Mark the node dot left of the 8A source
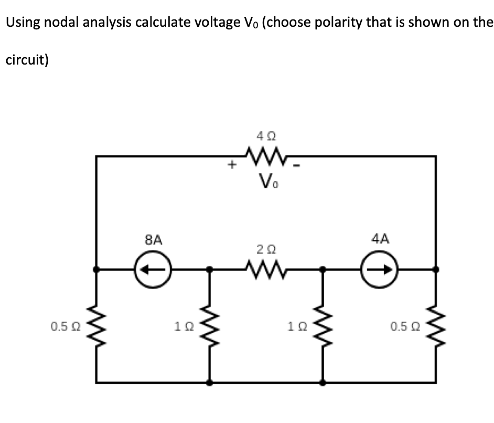[96, 269]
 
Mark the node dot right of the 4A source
[436, 269]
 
